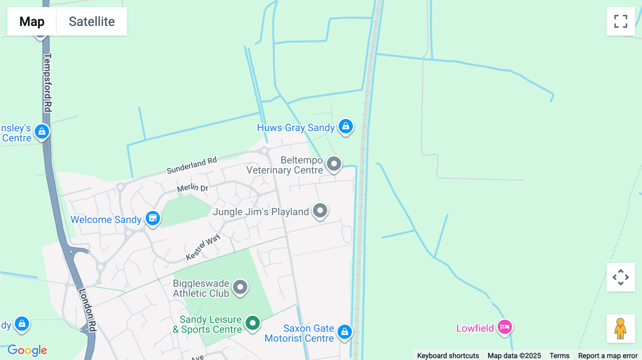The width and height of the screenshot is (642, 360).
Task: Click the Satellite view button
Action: pos(92,21)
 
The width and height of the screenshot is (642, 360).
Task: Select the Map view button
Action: pos(32,21)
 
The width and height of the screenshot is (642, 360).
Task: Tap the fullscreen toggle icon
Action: pos(621,21)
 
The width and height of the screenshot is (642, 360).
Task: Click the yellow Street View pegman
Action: pos(621,329)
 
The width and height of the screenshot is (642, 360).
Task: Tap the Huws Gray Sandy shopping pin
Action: pos(346,127)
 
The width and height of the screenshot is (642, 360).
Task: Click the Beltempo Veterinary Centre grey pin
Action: pos(334,164)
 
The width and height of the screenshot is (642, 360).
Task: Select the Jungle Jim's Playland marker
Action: pos(320,211)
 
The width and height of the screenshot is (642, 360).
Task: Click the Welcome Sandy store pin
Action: pos(153,218)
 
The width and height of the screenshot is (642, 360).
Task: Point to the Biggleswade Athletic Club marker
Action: pos(240,287)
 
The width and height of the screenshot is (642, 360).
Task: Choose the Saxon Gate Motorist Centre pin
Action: pos(345,332)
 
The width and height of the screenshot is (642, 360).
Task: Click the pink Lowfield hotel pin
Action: pos(505,327)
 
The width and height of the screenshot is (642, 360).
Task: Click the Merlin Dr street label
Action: pos(193,187)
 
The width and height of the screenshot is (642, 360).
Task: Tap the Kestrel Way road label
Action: pos(203,247)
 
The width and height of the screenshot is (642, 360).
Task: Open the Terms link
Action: pos(559,355)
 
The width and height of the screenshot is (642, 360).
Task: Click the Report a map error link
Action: pos(608,355)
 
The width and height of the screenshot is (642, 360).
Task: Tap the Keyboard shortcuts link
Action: pos(448,355)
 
